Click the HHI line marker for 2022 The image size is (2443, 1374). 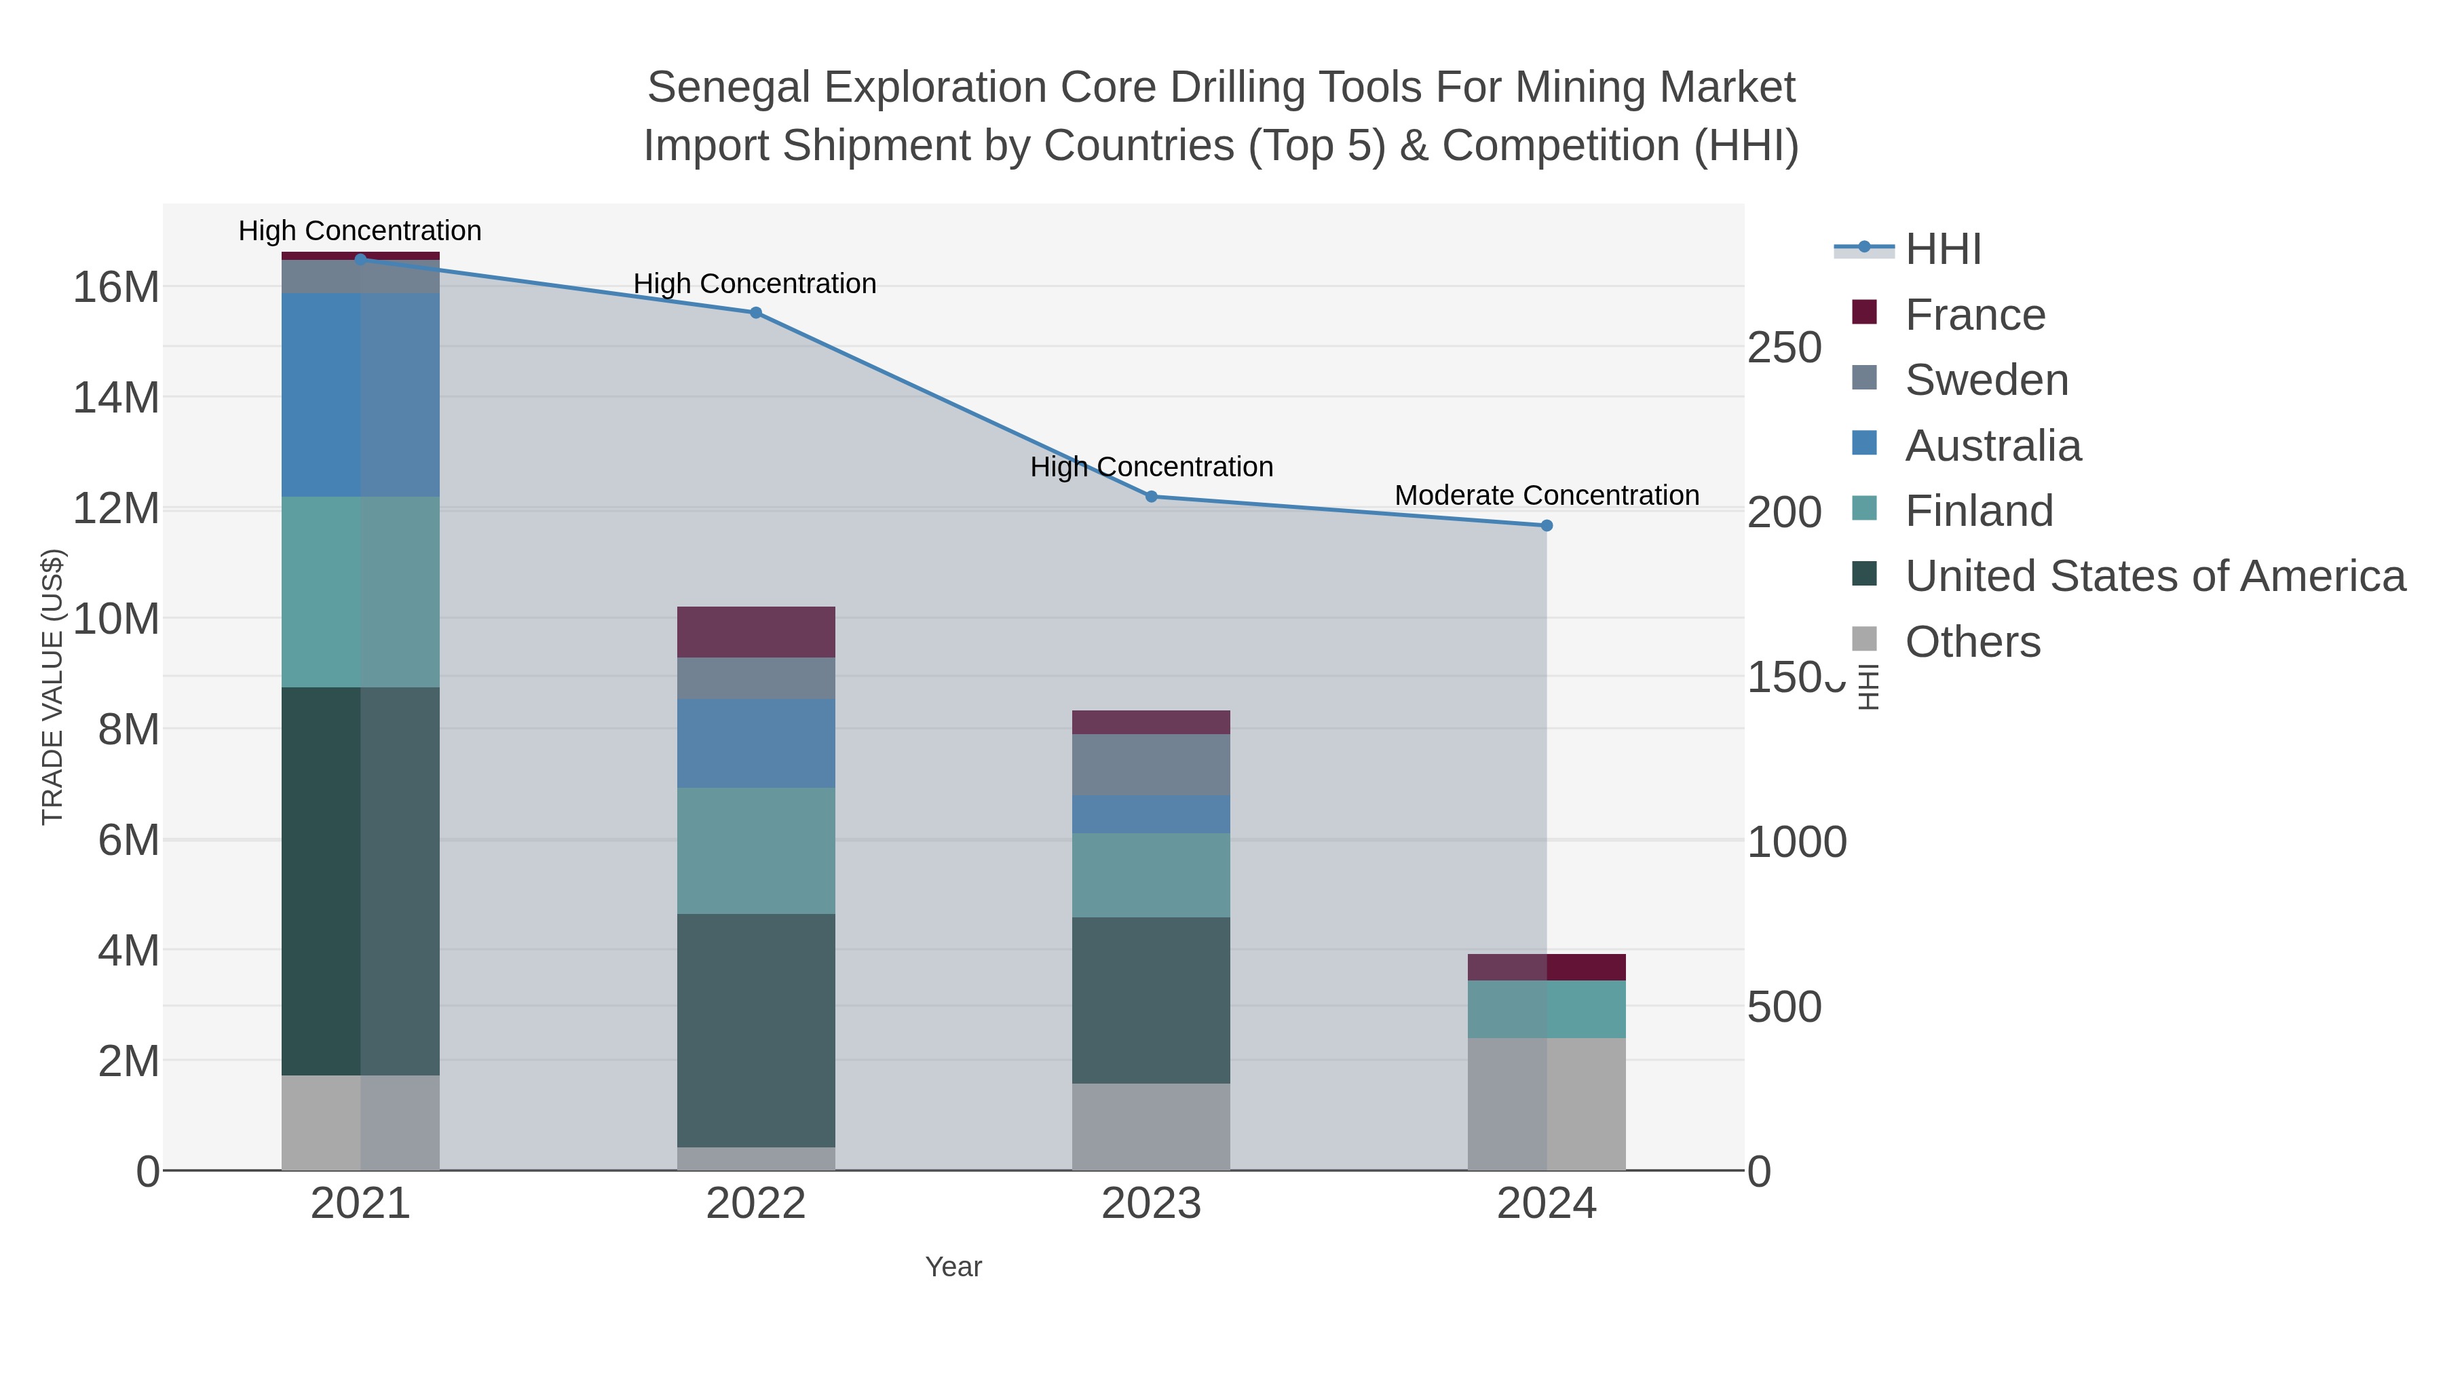coord(756,313)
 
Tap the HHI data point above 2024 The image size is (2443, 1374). coord(1547,525)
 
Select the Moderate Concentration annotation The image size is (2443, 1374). coord(1547,495)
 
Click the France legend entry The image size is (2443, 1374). coord(1975,315)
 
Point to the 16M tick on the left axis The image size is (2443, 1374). coord(115,286)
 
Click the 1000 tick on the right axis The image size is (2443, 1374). coord(1796,842)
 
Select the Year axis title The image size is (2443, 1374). coord(953,1267)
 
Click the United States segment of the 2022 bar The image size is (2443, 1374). coord(756,1030)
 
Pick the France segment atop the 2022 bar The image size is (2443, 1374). coord(756,632)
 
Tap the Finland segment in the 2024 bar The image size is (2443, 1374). coord(1547,1009)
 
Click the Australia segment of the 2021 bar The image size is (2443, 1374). coord(360,394)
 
